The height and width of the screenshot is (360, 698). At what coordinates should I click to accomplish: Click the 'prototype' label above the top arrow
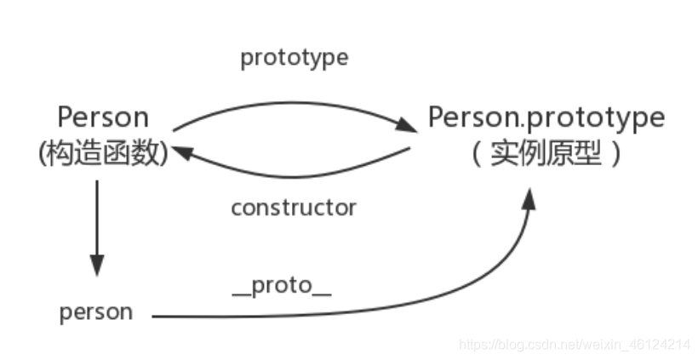click(x=294, y=58)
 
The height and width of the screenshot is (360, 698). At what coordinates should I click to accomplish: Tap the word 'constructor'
click(x=294, y=207)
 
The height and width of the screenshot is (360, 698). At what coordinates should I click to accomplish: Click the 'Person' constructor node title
click(x=102, y=117)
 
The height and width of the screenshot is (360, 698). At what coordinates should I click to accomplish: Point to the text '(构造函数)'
click(x=103, y=154)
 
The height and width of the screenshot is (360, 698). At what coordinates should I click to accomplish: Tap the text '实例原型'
click(x=545, y=155)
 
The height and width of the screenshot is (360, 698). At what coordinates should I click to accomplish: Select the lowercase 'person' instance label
click(x=96, y=311)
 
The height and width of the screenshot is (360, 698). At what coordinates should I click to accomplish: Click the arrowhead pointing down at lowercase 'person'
click(x=97, y=266)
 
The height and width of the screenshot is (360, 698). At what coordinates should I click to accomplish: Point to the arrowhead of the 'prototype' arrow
click(x=409, y=129)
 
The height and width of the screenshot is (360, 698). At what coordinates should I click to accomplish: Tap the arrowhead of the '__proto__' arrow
click(x=529, y=201)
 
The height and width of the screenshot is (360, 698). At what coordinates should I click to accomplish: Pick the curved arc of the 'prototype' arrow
click(x=289, y=104)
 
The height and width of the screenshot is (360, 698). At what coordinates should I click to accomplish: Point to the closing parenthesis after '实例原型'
click(x=615, y=156)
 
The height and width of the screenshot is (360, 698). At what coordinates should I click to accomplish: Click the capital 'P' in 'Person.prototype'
click(x=437, y=117)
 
